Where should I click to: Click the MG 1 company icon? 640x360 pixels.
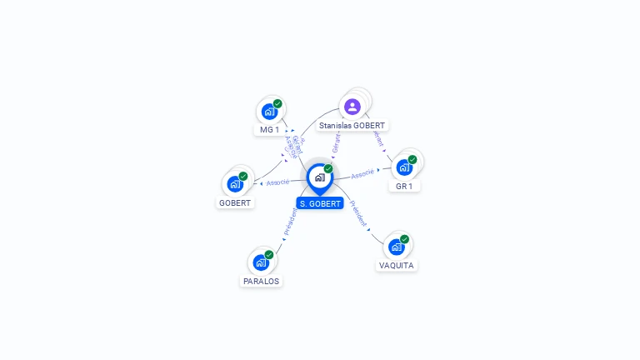click(269, 111)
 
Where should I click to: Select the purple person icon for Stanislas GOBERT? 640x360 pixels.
click(352, 106)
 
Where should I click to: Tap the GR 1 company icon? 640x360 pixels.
click(404, 167)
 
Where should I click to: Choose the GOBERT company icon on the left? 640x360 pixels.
click(235, 183)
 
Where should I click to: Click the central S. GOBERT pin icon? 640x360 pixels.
click(319, 177)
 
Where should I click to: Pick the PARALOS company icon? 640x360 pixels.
click(261, 262)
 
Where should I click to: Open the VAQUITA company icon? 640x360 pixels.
click(397, 247)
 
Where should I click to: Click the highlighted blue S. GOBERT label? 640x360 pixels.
click(320, 203)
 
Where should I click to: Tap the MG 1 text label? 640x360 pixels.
click(269, 130)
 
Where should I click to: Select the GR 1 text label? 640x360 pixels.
click(404, 187)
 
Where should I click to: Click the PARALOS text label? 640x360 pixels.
click(261, 282)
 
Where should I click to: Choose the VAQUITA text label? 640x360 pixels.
click(397, 266)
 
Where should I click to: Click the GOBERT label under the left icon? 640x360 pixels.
click(235, 202)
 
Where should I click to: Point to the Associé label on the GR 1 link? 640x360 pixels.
click(362, 174)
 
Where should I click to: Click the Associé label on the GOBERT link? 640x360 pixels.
click(277, 182)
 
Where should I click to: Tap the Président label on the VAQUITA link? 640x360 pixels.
click(358, 214)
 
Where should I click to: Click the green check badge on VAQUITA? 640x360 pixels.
click(404, 239)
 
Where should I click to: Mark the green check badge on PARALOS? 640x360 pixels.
click(269, 255)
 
